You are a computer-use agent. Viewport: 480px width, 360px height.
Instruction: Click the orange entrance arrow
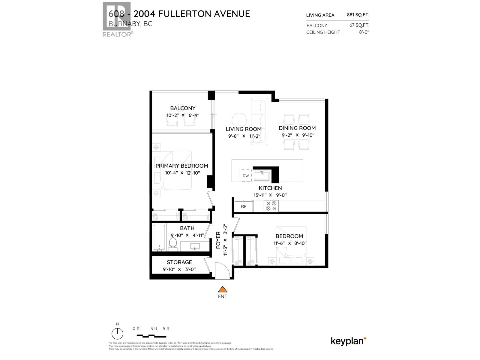pos(222,289)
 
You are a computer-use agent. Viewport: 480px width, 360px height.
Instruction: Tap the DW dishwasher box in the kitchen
pos(246,175)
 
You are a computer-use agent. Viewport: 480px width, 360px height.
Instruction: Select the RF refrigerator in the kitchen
pos(244,206)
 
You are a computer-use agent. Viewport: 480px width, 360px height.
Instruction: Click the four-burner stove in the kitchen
pos(271,206)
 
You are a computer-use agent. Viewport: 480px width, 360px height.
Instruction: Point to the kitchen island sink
pos(262,175)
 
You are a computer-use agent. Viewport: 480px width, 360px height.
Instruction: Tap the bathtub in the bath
pos(159,238)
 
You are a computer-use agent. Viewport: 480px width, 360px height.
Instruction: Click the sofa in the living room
pos(260,122)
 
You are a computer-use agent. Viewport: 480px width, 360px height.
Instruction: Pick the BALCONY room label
pos(183,108)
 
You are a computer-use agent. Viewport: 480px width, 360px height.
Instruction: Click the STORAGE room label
pos(179,262)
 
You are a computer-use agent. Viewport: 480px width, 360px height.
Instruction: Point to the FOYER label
pos(219,240)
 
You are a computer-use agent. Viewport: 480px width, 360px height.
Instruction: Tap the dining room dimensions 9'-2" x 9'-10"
pos(298,135)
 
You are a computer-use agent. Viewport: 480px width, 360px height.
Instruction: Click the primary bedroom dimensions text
pos(182,173)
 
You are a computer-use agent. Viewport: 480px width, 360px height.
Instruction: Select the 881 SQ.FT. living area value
pos(358,14)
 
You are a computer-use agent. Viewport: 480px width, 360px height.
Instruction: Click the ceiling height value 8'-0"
pos(364,32)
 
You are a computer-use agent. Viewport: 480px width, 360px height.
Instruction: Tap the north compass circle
pos(117,334)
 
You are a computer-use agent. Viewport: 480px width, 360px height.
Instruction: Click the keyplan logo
pos(348,341)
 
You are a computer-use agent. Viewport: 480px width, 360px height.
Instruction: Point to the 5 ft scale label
pos(166,328)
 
